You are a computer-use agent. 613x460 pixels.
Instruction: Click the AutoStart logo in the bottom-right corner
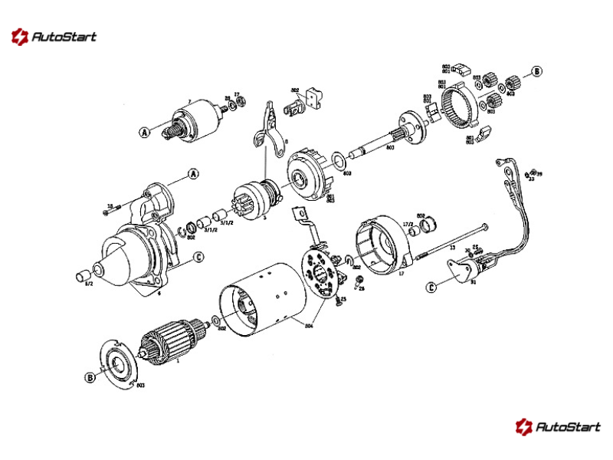coord(557,426)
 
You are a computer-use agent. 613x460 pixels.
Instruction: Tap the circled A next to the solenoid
coord(143,133)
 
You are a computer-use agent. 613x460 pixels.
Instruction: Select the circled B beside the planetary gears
coord(537,71)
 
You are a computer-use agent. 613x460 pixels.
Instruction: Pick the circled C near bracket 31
coord(431,288)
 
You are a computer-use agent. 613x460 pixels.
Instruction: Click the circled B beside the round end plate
coord(90,378)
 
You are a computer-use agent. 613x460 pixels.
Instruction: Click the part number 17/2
coord(408,225)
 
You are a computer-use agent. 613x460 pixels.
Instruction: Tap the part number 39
coord(539,174)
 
